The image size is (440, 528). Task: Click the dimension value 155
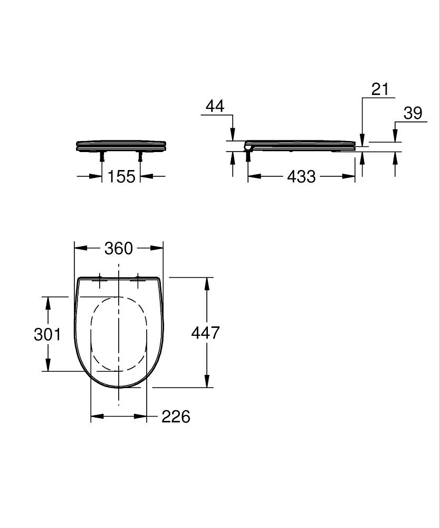121,176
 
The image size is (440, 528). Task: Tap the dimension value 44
214,106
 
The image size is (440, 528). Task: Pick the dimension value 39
413,113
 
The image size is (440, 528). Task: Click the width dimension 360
118,248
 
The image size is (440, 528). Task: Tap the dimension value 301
47,334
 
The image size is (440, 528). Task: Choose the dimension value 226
175,417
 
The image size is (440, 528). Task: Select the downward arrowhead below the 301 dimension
48,365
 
